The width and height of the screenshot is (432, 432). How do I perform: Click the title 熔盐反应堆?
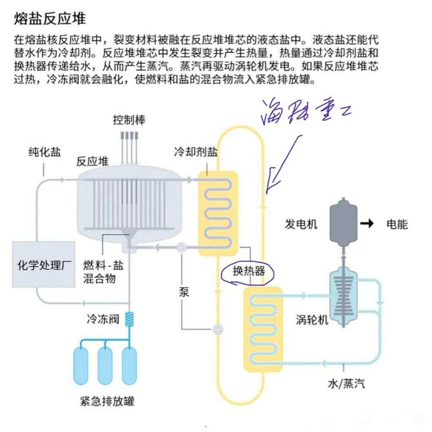50,19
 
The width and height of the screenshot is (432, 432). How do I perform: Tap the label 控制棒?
129,120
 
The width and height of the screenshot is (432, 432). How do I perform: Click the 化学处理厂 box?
43,265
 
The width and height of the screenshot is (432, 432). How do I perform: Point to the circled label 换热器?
248,271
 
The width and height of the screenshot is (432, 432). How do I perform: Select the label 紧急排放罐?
107,400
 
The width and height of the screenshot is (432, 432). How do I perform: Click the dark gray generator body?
343,224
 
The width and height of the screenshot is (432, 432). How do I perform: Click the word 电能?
397,224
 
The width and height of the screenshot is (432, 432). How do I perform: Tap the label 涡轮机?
312,320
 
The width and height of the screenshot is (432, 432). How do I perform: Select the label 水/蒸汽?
346,383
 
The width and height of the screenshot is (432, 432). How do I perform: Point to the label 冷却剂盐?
196,152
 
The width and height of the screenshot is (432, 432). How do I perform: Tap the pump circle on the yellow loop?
218,329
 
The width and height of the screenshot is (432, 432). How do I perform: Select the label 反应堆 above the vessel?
92,162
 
